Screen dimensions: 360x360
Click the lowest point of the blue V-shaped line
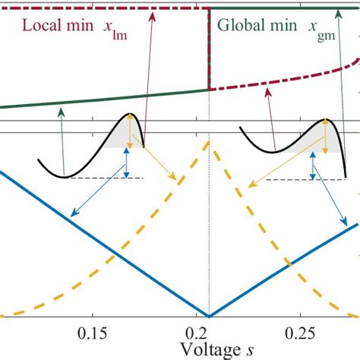coord(209,315)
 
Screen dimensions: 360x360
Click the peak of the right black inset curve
coord(326,120)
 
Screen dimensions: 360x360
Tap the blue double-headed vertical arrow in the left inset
coord(127,163)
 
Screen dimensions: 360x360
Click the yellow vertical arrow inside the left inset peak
coord(131,132)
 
